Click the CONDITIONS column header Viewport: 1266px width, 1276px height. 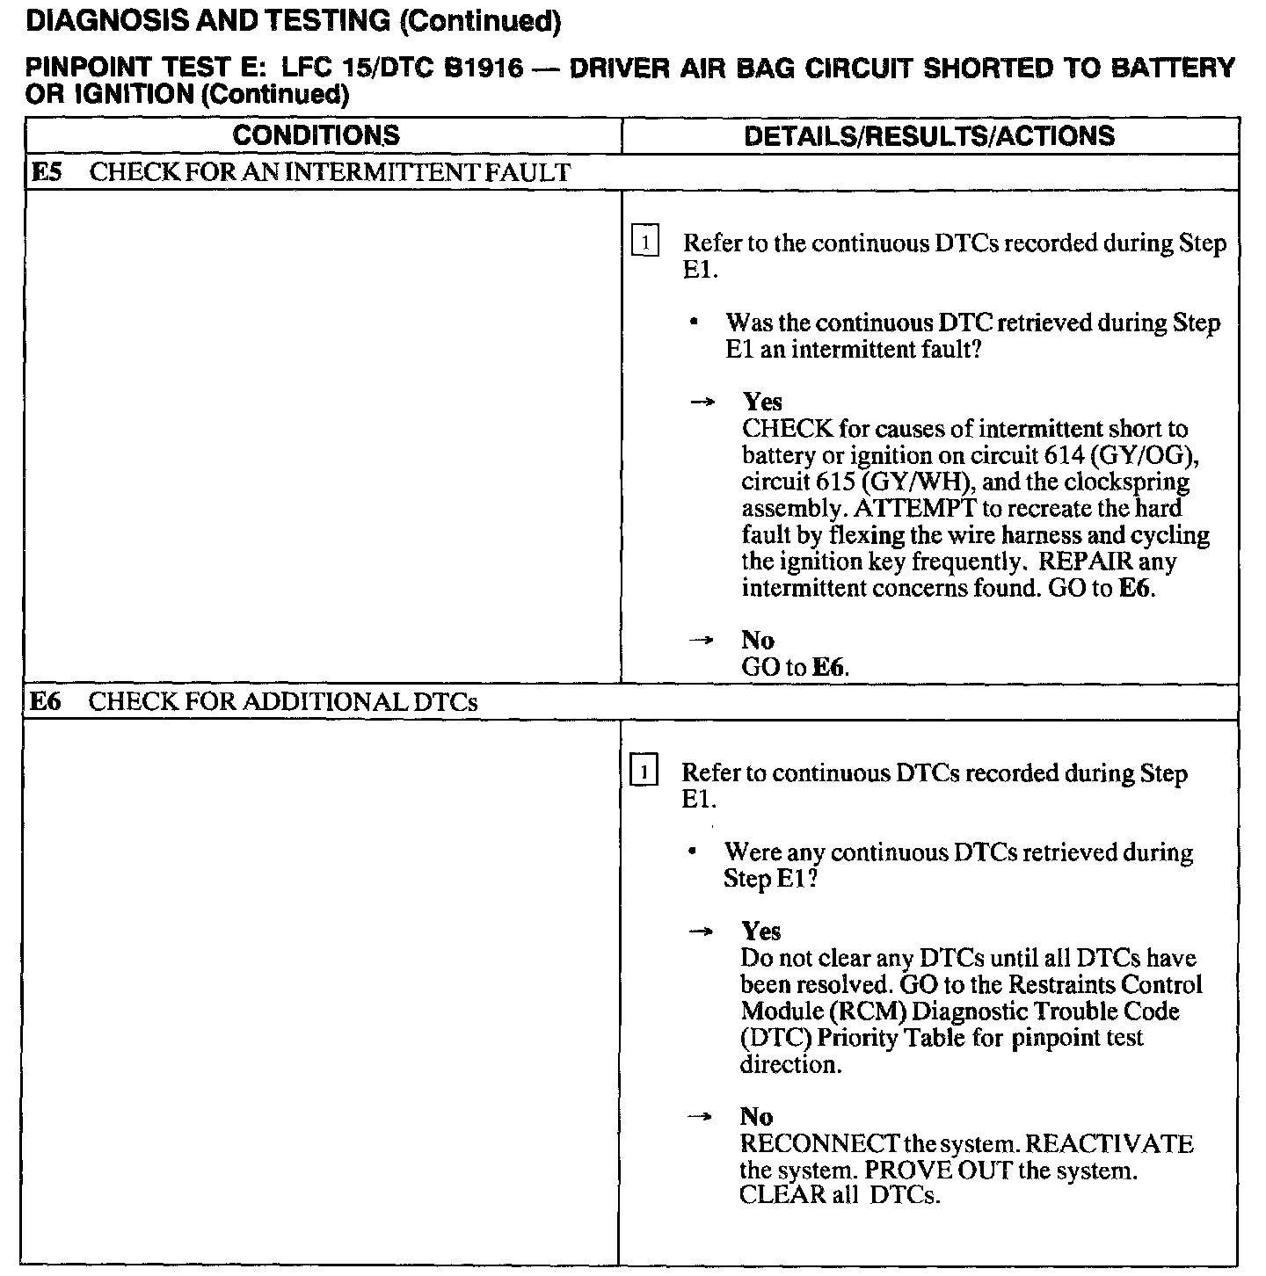[316, 135]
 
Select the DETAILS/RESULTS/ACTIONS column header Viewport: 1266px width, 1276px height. [928, 135]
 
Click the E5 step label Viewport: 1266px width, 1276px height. [46, 172]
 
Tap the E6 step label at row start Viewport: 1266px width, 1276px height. [46, 702]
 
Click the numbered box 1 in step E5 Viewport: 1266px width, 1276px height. [645, 242]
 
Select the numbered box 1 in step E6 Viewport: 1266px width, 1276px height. [644, 772]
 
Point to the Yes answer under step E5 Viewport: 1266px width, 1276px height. [762, 402]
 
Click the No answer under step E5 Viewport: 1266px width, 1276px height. [758, 640]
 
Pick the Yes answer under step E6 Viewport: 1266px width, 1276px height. [761, 932]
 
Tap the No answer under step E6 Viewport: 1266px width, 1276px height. [757, 1117]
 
